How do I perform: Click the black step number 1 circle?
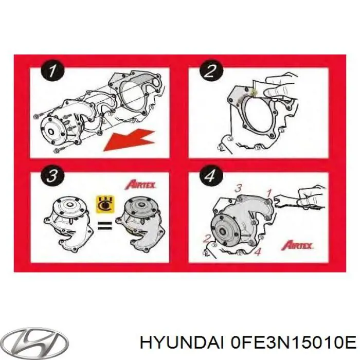52,71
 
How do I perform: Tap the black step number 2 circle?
211,71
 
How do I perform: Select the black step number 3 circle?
52,176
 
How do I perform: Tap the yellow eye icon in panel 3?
105,204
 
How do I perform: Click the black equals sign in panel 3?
105,225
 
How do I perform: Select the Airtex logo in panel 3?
140,185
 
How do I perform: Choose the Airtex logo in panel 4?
297,245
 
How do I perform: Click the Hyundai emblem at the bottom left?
37,343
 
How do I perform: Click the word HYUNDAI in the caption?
182,344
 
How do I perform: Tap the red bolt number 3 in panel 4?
238,189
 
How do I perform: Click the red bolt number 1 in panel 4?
269,193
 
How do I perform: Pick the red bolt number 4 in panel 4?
258,252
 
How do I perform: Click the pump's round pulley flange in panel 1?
51,132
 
